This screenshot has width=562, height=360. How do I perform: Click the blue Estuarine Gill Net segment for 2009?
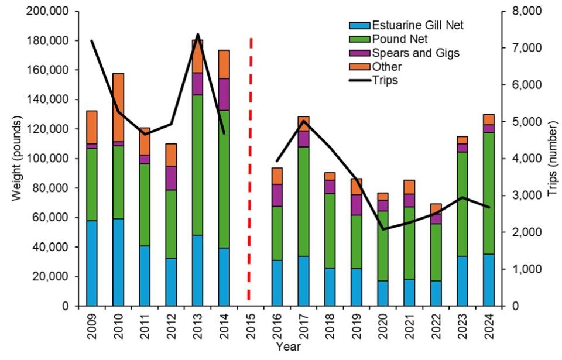pyautogui.click(x=91, y=263)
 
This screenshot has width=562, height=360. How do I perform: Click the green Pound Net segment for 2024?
pyautogui.click(x=488, y=193)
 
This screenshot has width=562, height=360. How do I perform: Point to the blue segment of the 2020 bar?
pyautogui.click(x=382, y=293)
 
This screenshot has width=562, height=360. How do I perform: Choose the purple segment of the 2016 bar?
pyautogui.click(x=276, y=195)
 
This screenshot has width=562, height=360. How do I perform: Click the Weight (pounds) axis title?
pyautogui.click(x=17, y=159)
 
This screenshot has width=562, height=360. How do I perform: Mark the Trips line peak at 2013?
pyautogui.click(x=197, y=35)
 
